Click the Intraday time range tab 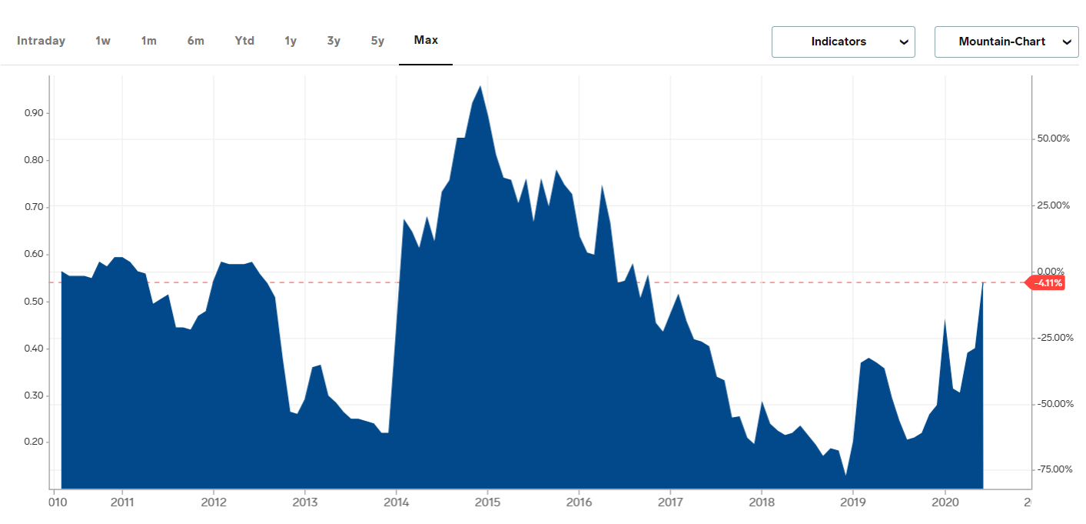coord(42,41)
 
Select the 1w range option coord(103,41)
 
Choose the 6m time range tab coord(196,41)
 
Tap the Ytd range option coord(244,41)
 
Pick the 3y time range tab coord(334,41)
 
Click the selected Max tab coord(426,40)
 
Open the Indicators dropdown coord(843,42)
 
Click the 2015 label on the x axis coord(487,503)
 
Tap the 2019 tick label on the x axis coord(852,503)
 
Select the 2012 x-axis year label coord(214,503)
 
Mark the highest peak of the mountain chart coord(480,86)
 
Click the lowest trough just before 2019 coord(845,476)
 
